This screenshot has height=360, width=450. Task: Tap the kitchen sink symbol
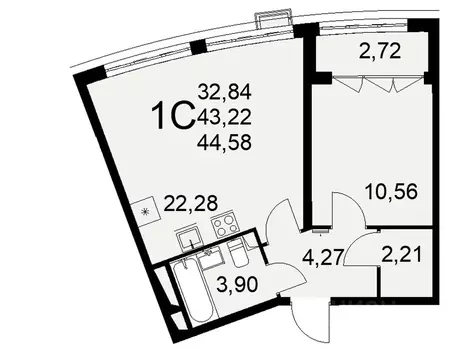189,237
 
